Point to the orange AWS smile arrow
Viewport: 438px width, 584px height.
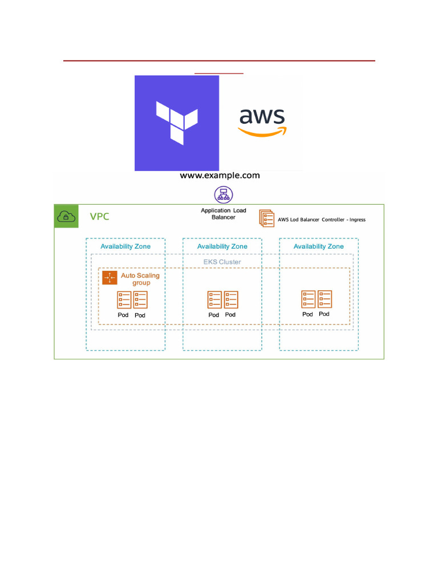point(262,132)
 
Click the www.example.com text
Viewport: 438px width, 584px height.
point(220,176)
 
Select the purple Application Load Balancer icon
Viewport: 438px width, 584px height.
point(221,194)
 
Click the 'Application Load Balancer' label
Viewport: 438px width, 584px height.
point(223,214)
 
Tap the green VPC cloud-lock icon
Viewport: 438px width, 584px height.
point(67,216)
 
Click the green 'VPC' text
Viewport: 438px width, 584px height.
point(100,217)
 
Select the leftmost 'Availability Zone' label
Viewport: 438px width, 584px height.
point(125,246)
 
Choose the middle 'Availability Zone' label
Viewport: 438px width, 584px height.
point(222,246)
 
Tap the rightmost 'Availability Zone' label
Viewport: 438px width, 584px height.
point(318,246)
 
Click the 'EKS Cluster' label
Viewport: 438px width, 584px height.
point(222,262)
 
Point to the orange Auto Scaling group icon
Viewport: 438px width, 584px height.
point(109,278)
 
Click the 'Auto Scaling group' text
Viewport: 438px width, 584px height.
point(140,279)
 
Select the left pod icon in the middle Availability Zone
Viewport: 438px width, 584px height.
point(214,299)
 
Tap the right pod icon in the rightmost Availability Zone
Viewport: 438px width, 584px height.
point(325,299)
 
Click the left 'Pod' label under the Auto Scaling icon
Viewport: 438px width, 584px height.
point(123,315)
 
